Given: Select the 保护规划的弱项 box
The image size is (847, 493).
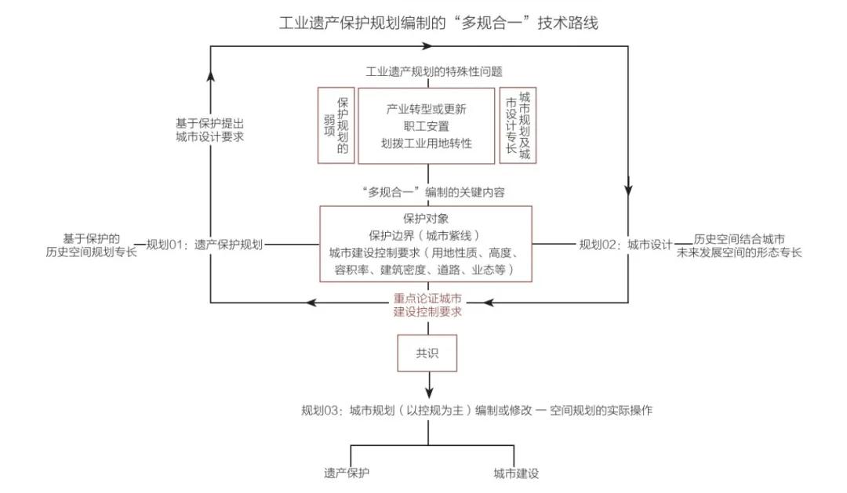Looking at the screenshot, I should (336, 125).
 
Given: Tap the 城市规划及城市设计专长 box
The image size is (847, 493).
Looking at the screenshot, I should (518, 125).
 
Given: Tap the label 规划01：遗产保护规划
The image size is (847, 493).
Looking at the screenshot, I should (205, 245).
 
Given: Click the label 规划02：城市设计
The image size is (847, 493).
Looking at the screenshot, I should (626, 245).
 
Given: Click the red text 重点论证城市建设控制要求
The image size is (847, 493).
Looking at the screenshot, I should (427, 305).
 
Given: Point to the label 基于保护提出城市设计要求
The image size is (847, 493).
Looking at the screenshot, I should (210, 129).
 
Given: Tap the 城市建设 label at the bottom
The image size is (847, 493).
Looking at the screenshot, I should (515, 473).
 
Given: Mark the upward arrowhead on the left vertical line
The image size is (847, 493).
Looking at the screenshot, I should (210, 74).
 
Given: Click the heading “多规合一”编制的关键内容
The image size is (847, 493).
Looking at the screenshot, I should (427, 193).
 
